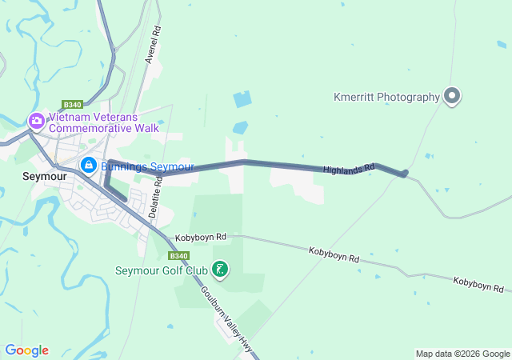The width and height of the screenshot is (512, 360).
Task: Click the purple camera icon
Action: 36,122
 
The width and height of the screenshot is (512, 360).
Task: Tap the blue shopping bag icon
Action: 88,167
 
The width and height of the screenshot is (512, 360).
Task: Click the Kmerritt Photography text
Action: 386,97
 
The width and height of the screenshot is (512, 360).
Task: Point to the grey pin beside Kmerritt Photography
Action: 452,96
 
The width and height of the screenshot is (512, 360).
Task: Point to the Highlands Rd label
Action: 349,169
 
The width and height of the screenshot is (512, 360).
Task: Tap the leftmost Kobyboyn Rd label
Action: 202,237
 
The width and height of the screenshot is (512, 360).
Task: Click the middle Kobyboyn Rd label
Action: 334,255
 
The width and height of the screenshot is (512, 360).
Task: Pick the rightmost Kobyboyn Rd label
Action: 478,284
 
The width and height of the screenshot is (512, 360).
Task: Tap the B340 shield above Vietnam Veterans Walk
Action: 72,104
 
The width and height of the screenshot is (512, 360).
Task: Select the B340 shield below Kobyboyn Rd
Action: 178,256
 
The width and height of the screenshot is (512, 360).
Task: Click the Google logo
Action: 26,350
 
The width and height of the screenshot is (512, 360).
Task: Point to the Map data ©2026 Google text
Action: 462,354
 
